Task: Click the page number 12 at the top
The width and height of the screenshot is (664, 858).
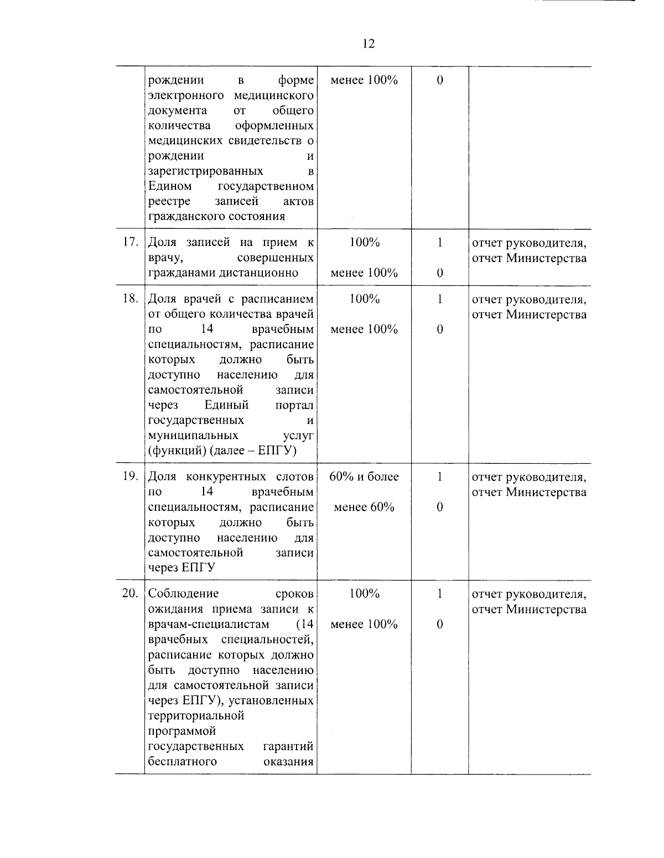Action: tap(369, 44)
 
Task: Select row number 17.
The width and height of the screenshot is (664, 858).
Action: tap(129, 243)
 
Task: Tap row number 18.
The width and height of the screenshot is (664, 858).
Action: tap(129, 299)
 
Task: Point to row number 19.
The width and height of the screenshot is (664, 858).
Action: tap(129, 477)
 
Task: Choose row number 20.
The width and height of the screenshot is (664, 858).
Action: tap(129, 594)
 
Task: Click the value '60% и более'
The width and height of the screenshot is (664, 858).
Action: tap(364, 477)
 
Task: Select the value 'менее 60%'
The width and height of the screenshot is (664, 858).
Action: tap(364, 507)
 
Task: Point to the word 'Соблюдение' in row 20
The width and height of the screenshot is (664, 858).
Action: tap(184, 594)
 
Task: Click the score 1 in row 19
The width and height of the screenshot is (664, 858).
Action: tap(439, 477)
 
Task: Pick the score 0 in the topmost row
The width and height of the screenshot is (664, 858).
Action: tap(439, 80)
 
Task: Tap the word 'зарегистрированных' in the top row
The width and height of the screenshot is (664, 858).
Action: tap(205, 171)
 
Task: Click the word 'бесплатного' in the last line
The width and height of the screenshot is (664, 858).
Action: tap(182, 761)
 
